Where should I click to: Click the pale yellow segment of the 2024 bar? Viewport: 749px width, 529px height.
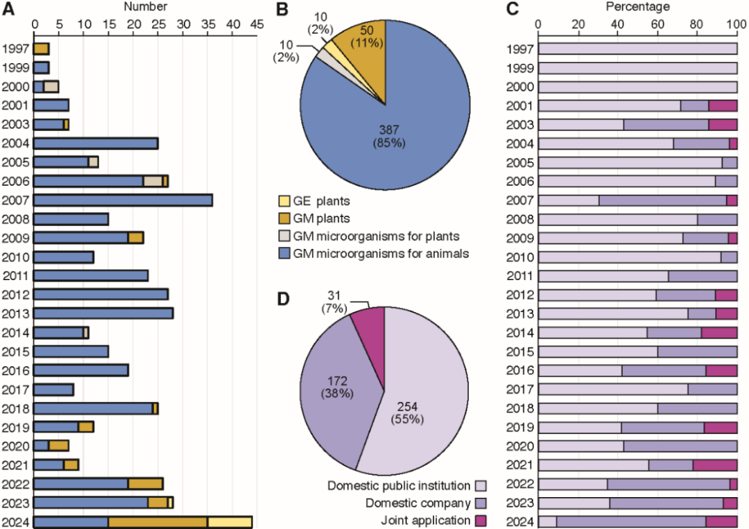pyautogui.click(x=230, y=522)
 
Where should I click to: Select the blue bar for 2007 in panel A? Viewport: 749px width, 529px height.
pyautogui.click(x=123, y=200)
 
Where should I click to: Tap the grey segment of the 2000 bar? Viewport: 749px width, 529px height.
pyautogui.click(x=51, y=87)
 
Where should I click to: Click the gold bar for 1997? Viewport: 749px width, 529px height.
pyautogui.click(x=42, y=49)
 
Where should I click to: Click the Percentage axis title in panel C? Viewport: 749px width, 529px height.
pyautogui.click(x=637, y=7)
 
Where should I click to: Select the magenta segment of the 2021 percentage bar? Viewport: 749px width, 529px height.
pyautogui.click(x=714, y=465)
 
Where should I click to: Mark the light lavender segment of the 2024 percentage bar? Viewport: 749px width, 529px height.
pyautogui.click(x=547, y=522)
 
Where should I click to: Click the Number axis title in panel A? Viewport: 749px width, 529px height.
pyautogui.click(x=145, y=7)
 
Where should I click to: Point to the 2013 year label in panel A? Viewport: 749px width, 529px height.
pyautogui.click(x=15, y=313)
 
